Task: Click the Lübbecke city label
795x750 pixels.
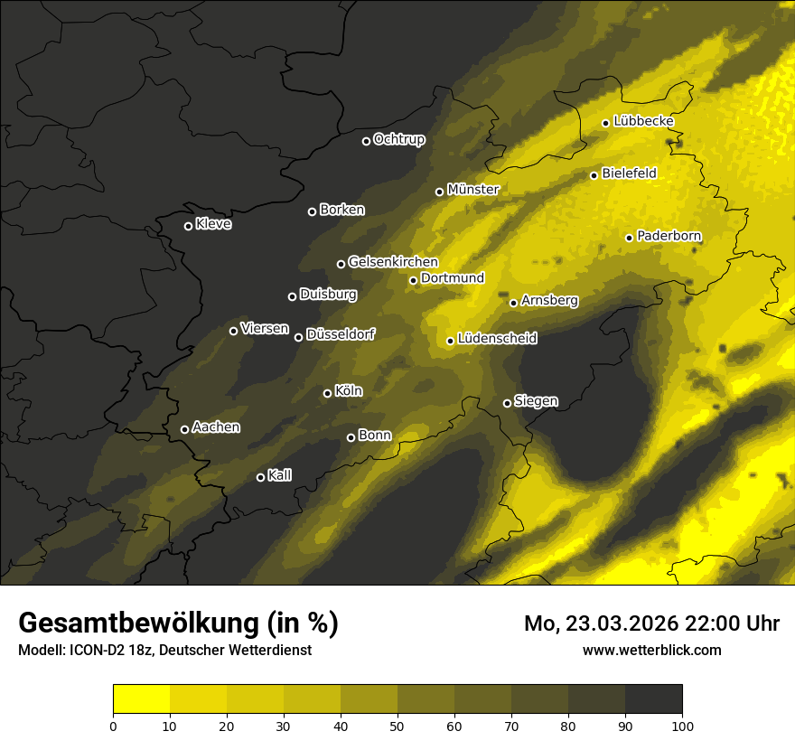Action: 643,121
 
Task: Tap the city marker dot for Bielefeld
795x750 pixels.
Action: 594,175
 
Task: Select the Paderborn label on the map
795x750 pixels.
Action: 669,236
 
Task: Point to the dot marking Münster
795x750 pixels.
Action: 440,192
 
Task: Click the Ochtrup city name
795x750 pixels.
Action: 398,139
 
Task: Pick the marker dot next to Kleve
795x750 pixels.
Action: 188,226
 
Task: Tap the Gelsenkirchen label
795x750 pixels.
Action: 393,262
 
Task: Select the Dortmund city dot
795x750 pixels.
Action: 414,280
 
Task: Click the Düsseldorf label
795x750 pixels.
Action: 341,334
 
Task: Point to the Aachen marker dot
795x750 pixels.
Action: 185,429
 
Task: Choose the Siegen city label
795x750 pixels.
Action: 536,401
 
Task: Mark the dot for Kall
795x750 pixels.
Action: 261,477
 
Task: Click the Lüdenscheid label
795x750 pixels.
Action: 497,339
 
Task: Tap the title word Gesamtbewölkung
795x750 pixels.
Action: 136,623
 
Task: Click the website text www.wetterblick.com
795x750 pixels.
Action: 651,650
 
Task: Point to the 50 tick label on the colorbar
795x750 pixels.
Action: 397,725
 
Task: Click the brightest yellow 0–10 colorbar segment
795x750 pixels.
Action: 141,699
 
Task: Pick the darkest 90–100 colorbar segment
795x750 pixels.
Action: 653,699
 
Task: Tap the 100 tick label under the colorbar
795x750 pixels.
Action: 682,725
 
